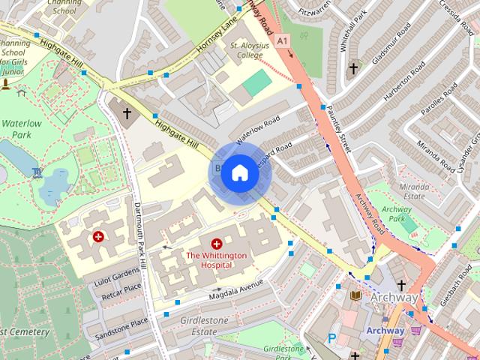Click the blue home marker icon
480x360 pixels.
point(238,173)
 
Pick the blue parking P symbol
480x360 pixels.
point(331,339)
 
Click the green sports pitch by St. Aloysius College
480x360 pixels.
point(256,82)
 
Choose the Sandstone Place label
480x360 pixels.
point(118,324)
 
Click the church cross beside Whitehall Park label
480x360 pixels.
point(353,69)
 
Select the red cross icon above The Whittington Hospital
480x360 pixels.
point(217,244)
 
